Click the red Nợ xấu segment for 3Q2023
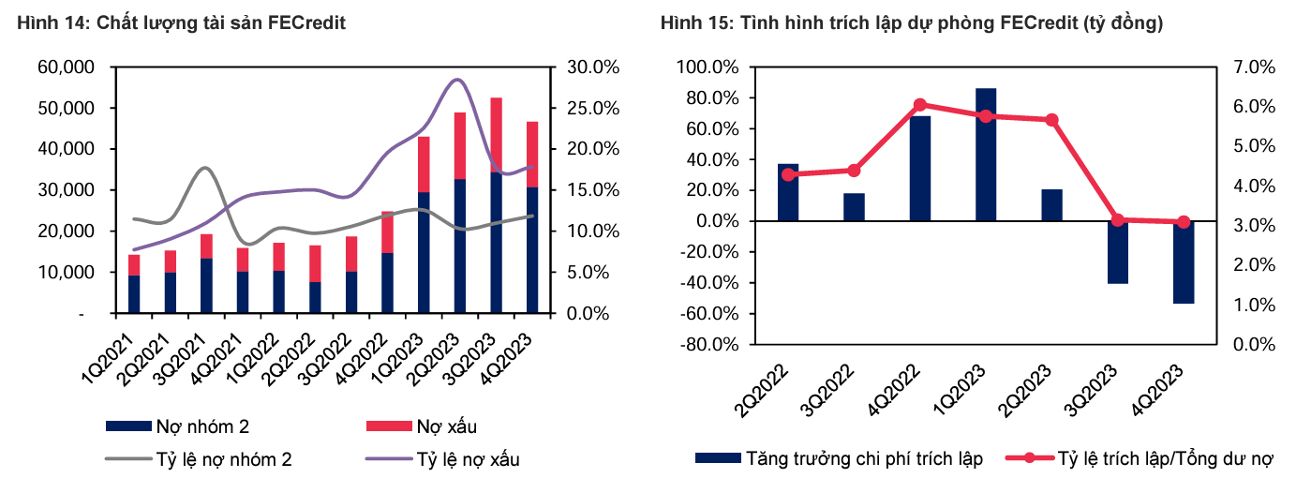point(497,135)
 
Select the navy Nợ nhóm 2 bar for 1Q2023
point(424,252)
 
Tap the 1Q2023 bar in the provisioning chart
point(985,155)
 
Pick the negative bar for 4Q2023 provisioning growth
point(1183,262)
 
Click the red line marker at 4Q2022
point(919,105)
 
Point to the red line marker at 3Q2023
point(1117,220)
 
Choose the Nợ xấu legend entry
point(421,427)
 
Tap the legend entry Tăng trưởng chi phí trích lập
point(839,459)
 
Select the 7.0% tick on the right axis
point(1253,67)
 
